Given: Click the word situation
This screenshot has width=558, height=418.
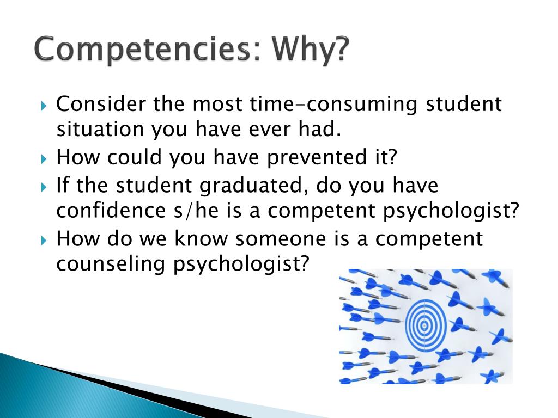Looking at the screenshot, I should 100,130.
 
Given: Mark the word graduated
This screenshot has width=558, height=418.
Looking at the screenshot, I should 249,185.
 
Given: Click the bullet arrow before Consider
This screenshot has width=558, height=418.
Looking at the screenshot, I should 45,104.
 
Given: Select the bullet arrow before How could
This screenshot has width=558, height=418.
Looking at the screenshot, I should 45,158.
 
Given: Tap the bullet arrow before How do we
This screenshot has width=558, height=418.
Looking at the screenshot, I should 45,239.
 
